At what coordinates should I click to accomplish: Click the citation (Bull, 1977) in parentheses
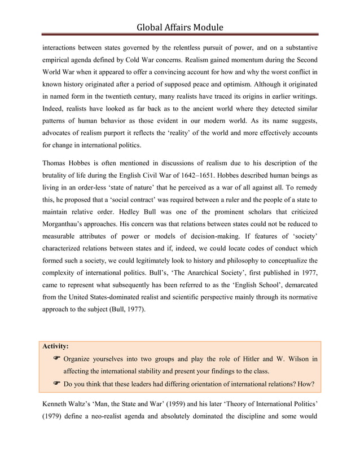pos(128,310)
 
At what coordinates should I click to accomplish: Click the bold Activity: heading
pos(56,346)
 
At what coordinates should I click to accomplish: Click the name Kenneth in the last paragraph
pos(58,405)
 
